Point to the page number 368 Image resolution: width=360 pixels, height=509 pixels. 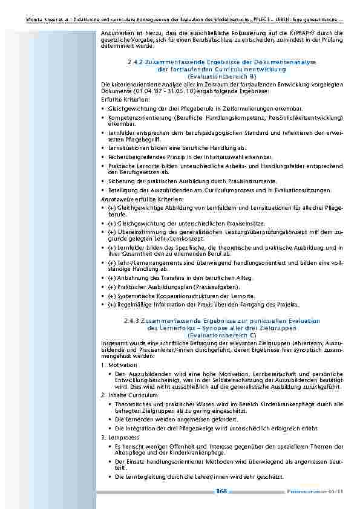coord(221,491)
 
